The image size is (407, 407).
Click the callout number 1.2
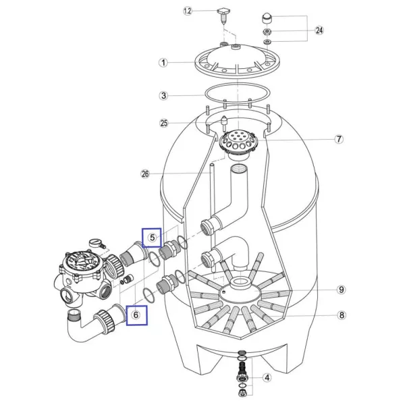(x=188, y=11)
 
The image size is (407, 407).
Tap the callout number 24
(x=319, y=30)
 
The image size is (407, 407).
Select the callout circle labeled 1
(x=163, y=63)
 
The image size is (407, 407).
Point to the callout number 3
(x=163, y=96)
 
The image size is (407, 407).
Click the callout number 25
(x=164, y=123)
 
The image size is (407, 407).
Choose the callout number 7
(x=339, y=139)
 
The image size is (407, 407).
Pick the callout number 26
(x=145, y=173)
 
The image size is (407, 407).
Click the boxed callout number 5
(x=152, y=238)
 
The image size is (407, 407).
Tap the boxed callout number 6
(x=136, y=315)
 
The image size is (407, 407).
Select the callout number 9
(x=342, y=290)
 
